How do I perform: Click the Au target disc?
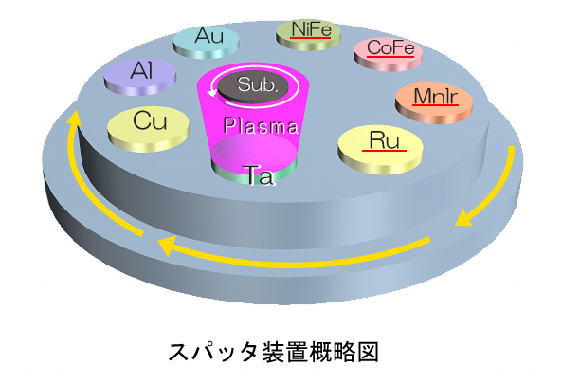click(206, 43)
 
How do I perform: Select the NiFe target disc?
click(309, 35)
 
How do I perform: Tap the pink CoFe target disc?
click(388, 54)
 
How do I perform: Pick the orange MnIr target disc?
click(434, 103)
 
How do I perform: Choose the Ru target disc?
click(380, 149)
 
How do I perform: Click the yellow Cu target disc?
click(149, 128)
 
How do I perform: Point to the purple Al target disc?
click(139, 77)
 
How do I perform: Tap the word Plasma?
click(261, 125)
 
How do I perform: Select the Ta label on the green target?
click(261, 175)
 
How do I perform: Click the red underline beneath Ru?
click(384, 151)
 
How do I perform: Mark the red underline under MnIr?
click(435, 104)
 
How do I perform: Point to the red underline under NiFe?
click(311, 37)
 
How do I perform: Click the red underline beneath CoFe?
click(390, 56)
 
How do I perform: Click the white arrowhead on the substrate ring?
click(212, 93)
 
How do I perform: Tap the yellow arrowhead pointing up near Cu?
click(75, 118)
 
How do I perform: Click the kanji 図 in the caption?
click(367, 352)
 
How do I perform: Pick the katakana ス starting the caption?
click(179, 352)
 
